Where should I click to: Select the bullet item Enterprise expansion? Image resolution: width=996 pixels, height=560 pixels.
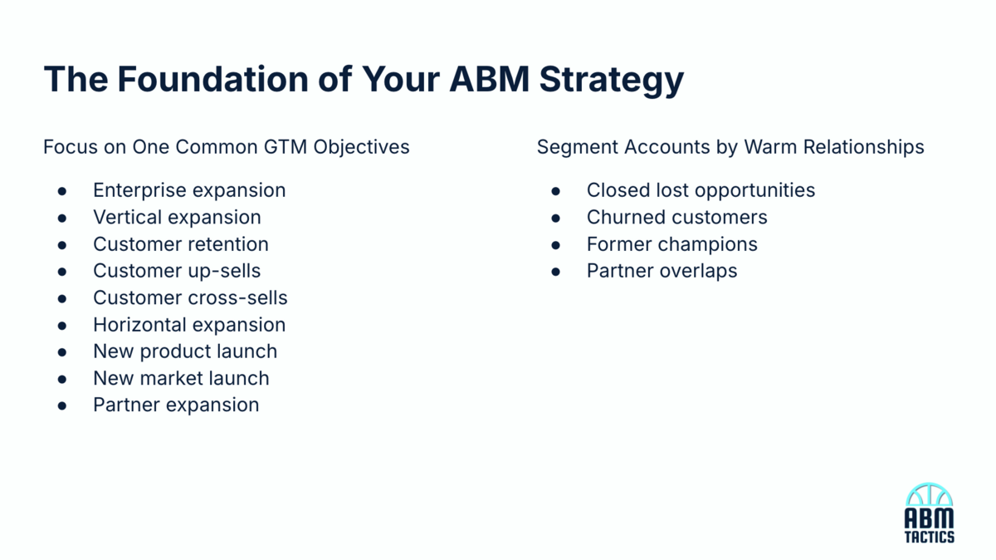coord(189,190)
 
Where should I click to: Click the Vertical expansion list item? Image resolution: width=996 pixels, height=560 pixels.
coord(177,217)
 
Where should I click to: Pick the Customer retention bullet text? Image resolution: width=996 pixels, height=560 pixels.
coord(181,244)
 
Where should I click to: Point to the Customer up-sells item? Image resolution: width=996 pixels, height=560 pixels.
coord(177,271)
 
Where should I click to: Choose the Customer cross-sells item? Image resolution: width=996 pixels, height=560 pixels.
coord(190,297)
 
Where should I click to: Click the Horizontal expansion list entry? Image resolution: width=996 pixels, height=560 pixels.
coord(189,325)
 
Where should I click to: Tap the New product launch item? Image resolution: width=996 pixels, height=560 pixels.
coord(185,351)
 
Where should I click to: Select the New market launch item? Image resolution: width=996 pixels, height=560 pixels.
coord(181,378)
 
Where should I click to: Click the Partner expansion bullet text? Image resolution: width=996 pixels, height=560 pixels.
coord(176,405)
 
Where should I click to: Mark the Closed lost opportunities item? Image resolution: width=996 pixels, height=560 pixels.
coord(701,190)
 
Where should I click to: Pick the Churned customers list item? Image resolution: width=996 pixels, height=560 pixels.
coord(676,217)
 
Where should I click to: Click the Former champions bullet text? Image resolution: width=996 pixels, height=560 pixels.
coord(671,244)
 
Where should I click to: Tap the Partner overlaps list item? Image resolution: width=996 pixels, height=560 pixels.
coord(662,271)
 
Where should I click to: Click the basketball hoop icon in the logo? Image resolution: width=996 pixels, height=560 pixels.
coord(929,496)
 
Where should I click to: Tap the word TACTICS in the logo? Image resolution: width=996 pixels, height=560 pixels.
coord(929,538)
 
